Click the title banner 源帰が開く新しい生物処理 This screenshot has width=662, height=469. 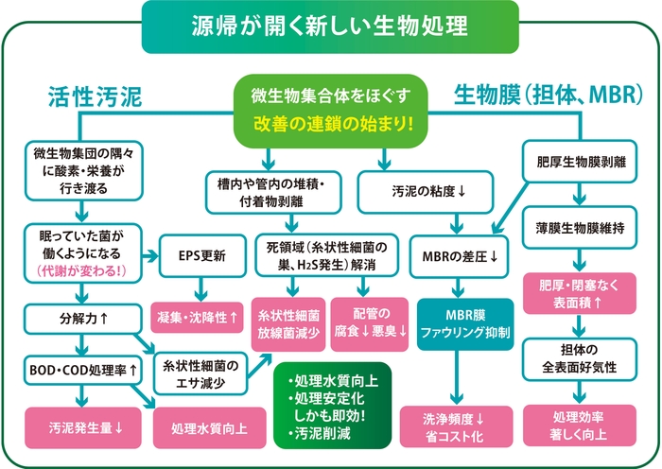point(330,26)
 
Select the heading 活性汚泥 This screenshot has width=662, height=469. point(95,96)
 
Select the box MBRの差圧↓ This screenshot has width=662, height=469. point(461,255)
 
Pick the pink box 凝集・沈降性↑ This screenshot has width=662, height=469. point(200,312)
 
